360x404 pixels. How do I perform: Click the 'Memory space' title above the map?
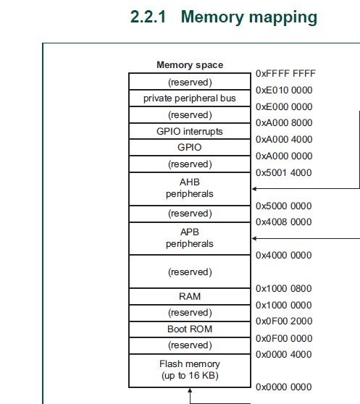tap(190, 64)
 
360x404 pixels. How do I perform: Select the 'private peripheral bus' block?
tap(190, 98)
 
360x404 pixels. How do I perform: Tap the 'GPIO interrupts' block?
tap(190, 131)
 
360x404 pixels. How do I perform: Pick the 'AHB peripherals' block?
tap(190, 188)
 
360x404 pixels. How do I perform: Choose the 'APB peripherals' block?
tap(190, 238)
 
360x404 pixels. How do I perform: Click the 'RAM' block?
tap(190, 296)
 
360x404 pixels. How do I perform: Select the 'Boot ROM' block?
tap(190, 329)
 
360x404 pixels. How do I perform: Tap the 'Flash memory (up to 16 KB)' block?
tap(190, 369)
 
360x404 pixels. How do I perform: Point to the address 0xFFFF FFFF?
tap(285, 74)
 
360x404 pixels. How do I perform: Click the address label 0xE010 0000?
tap(285, 90)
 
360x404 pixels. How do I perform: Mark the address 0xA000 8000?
tap(285, 123)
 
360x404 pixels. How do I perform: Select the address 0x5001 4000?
tap(285, 173)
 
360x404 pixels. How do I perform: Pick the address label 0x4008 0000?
tap(285, 222)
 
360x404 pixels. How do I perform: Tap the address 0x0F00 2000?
tap(285, 321)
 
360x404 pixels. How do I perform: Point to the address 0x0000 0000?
tap(285, 387)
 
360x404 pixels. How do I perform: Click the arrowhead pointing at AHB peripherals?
tap(254, 188)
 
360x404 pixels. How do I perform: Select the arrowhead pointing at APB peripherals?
tap(254, 238)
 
